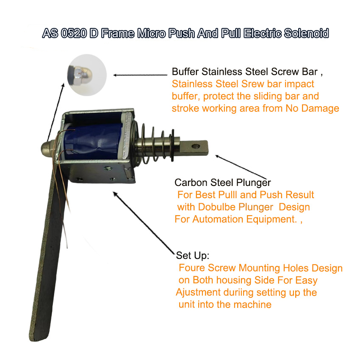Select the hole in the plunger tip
(195, 146)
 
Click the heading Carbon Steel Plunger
(222, 183)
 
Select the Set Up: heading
(193, 256)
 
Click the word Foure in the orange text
(191, 268)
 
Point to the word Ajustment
(198, 293)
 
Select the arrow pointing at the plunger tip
(241, 167)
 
